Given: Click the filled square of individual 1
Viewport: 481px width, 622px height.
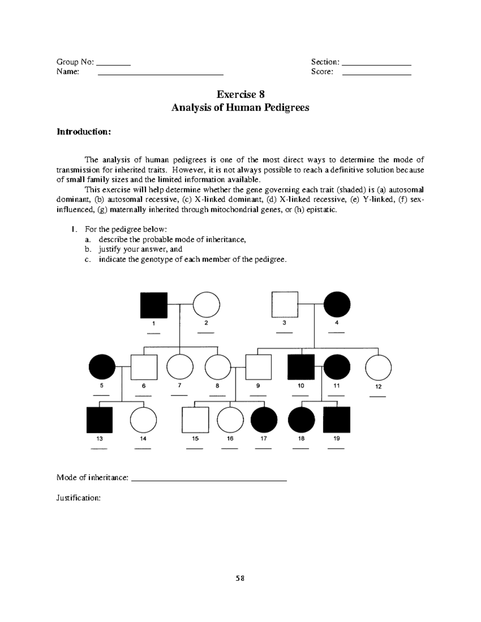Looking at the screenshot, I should [154, 305].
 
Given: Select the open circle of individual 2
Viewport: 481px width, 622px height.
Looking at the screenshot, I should [206, 305].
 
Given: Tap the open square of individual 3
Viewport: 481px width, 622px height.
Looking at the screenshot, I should [285, 305].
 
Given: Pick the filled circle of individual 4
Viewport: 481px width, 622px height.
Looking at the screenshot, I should [337, 305].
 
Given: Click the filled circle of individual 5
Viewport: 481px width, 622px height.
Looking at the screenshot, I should [102, 367].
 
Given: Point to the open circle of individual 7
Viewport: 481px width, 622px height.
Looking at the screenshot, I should [180, 367].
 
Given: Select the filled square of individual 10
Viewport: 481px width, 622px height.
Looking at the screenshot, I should [301, 367].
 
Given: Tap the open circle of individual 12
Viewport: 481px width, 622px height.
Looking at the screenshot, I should [378, 367].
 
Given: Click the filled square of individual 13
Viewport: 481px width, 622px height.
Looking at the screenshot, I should [99, 420].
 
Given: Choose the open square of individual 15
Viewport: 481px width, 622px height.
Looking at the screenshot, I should [195, 420].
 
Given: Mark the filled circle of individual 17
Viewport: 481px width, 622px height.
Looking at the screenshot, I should [264, 420].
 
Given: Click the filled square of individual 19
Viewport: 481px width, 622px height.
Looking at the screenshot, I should [337, 420].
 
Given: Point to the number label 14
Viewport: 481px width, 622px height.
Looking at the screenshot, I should [143, 439].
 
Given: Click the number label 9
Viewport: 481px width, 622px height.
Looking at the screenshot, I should [258, 386].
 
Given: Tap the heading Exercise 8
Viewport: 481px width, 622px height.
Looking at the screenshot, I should [240, 95].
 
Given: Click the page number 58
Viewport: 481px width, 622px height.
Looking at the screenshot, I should [240, 578].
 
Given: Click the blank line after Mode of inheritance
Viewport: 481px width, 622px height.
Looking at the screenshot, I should [209, 479].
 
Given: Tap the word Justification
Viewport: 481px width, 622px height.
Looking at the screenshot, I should [78, 498].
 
